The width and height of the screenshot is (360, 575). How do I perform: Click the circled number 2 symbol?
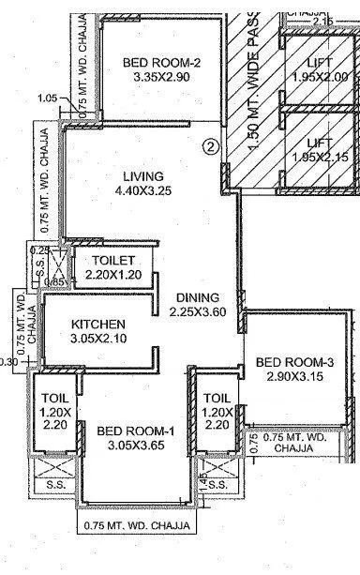click(x=212, y=146)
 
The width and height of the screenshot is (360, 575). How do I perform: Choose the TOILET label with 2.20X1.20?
click(x=114, y=260)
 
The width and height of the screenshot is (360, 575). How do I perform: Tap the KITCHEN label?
click(x=99, y=325)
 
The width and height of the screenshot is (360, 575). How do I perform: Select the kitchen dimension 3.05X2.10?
click(x=99, y=340)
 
